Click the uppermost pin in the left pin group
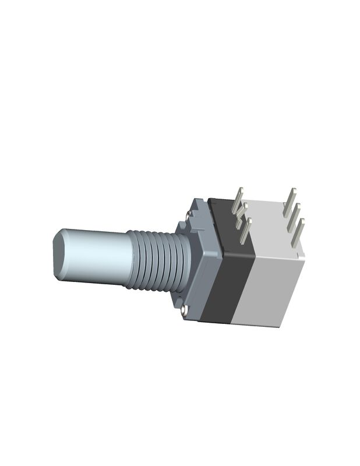coord(238,199)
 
